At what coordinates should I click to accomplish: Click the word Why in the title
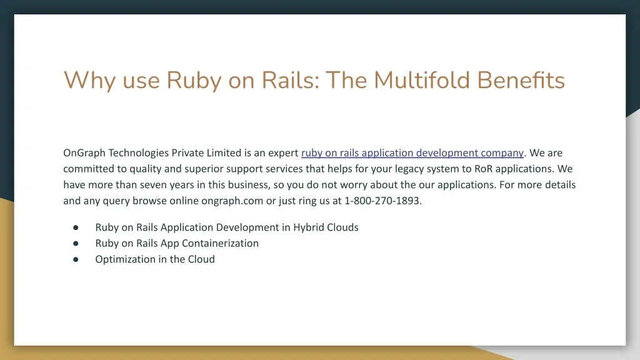pos(90,81)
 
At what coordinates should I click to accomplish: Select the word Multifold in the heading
pos(422,79)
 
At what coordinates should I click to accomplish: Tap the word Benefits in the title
pos(521,79)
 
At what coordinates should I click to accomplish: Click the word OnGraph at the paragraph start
pos(84,153)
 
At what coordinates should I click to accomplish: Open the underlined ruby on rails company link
pos(412,153)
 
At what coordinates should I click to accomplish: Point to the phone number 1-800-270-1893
pos(382,201)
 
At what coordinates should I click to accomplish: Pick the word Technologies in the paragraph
pos(138,153)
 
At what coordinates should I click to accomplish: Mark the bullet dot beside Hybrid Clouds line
pos(76,227)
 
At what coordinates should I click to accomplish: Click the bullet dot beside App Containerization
pos(76,244)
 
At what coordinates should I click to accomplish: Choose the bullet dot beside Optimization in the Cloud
pos(76,259)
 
